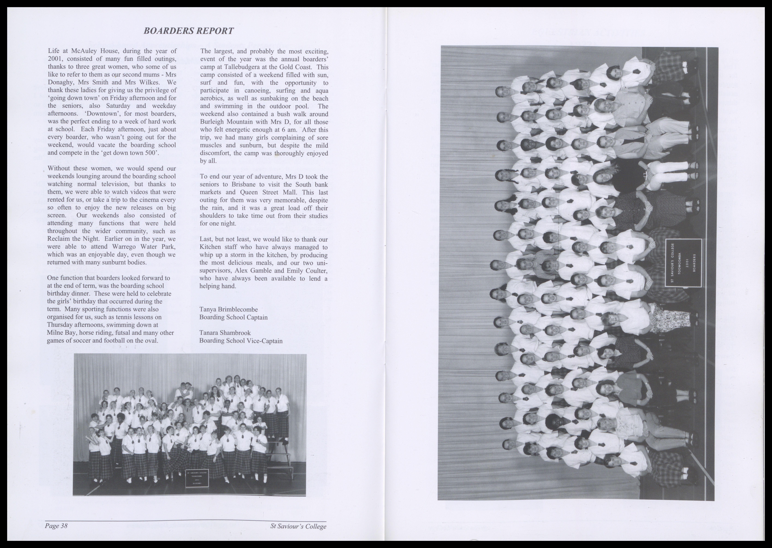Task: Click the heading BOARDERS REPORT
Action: (x=188, y=31)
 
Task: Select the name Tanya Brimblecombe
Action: (x=229, y=309)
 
